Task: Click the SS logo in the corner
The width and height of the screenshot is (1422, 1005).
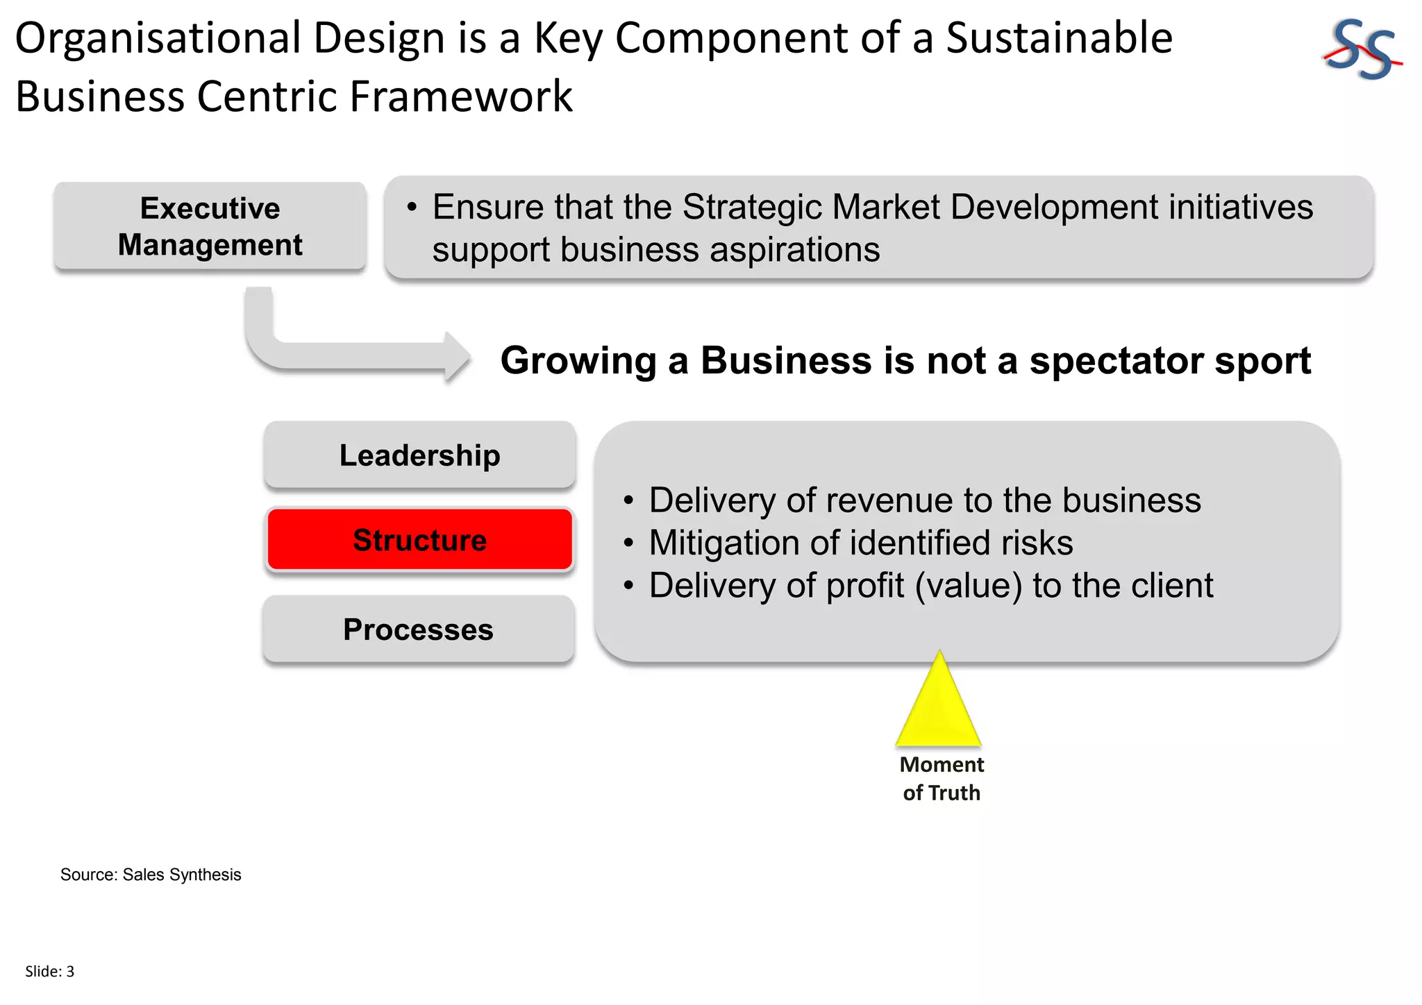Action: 1361,50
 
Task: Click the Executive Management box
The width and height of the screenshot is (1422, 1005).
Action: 210,226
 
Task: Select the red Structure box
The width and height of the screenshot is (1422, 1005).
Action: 419,540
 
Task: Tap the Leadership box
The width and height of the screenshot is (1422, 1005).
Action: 419,455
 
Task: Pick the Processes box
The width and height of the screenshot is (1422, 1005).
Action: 418,630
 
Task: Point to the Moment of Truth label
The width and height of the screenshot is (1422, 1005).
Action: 942,779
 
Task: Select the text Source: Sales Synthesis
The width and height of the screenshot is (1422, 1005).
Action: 151,875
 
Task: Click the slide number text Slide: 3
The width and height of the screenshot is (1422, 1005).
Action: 49,972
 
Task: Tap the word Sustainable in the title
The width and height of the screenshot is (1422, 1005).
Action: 1059,38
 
